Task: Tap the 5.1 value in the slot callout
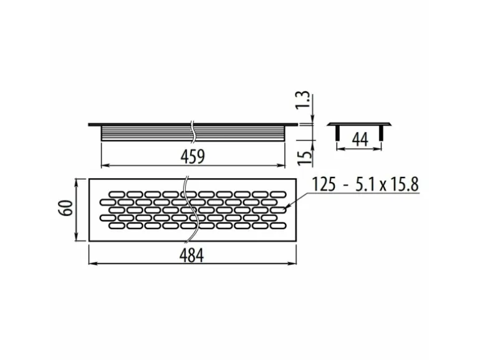coord(363,184)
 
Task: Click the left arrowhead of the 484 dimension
coord(92,263)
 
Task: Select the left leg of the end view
coord(337,132)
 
